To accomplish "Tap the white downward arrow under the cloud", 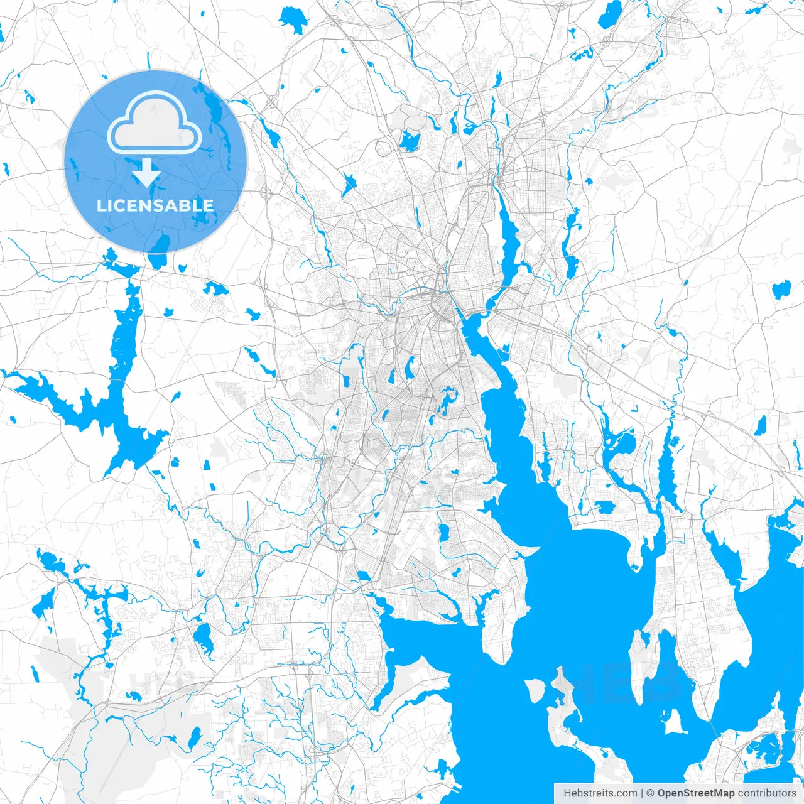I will pos(147,172).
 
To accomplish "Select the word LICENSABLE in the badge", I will pos(155,205).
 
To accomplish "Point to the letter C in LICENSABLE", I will pos(117,205).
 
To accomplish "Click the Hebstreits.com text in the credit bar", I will pos(600,793).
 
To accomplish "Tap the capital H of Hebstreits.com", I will pos(567,793).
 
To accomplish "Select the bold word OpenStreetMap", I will pos(695,793).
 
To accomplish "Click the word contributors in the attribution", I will pos(767,793).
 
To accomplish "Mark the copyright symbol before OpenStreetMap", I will pos(651,793).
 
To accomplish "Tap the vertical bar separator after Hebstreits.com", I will pos(641,793).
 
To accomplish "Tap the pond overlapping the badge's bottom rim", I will pos(160,244).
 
